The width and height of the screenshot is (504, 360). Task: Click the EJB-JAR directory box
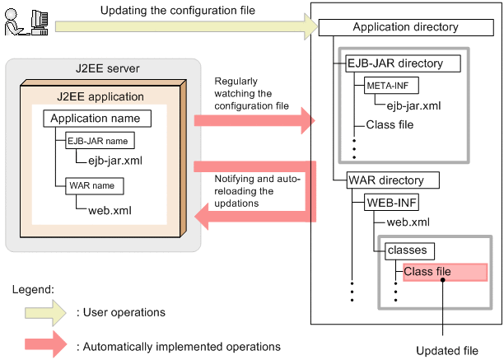click(x=394, y=63)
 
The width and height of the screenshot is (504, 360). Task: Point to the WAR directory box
click(x=386, y=180)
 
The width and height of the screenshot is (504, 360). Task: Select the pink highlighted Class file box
click(x=443, y=272)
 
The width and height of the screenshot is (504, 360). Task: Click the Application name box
click(x=95, y=119)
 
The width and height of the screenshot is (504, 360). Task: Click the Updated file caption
click(x=447, y=350)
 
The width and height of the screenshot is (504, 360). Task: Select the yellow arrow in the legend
click(x=40, y=312)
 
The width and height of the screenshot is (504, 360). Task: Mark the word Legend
click(x=32, y=290)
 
